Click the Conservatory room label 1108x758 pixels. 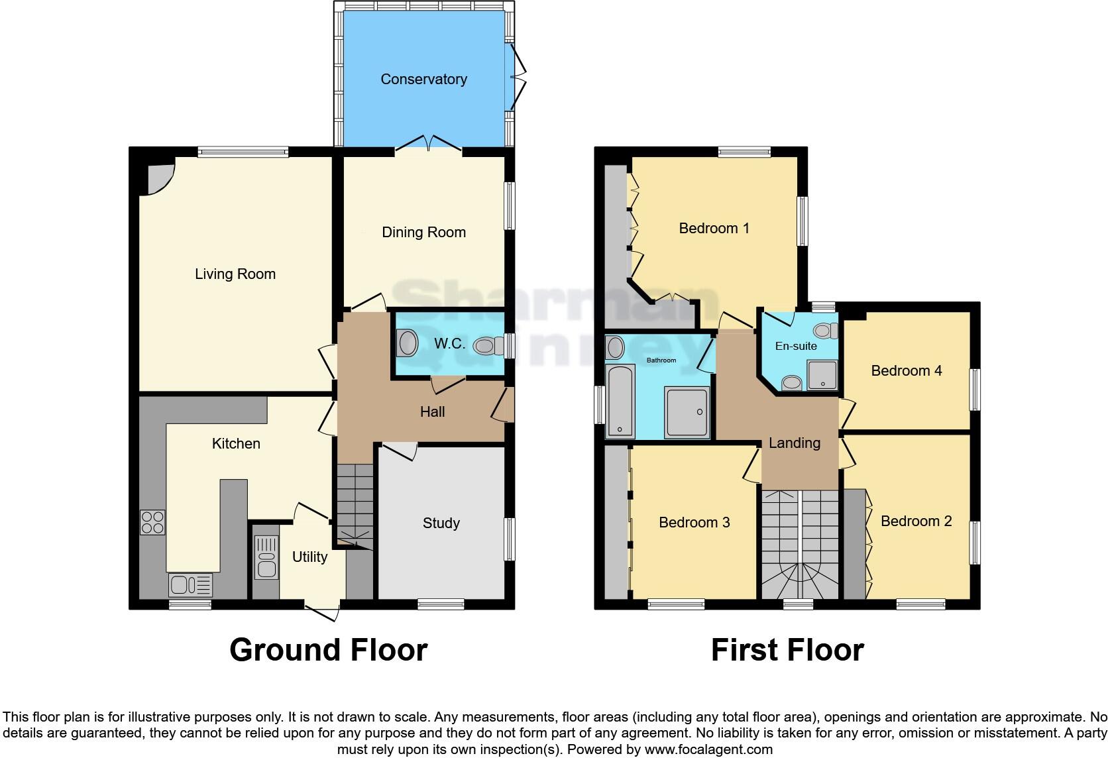pos(423,80)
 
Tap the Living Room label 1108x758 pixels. pos(235,274)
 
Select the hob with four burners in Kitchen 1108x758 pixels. pos(152,522)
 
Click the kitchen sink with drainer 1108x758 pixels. pos(191,585)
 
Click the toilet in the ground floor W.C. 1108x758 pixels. pos(488,345)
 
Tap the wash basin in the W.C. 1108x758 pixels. pos(407,344)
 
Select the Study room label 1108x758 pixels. pos(441,523)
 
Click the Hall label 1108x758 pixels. pos(432,412)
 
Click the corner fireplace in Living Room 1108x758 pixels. pos(158,176)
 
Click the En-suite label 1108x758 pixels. pos(796,346)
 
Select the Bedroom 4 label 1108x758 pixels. pos(906,371)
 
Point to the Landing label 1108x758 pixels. pos(794,443)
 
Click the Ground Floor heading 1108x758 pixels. pos(328,650)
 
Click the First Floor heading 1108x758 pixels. pos(787,650)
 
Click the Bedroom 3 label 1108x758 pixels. pos(694,523)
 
